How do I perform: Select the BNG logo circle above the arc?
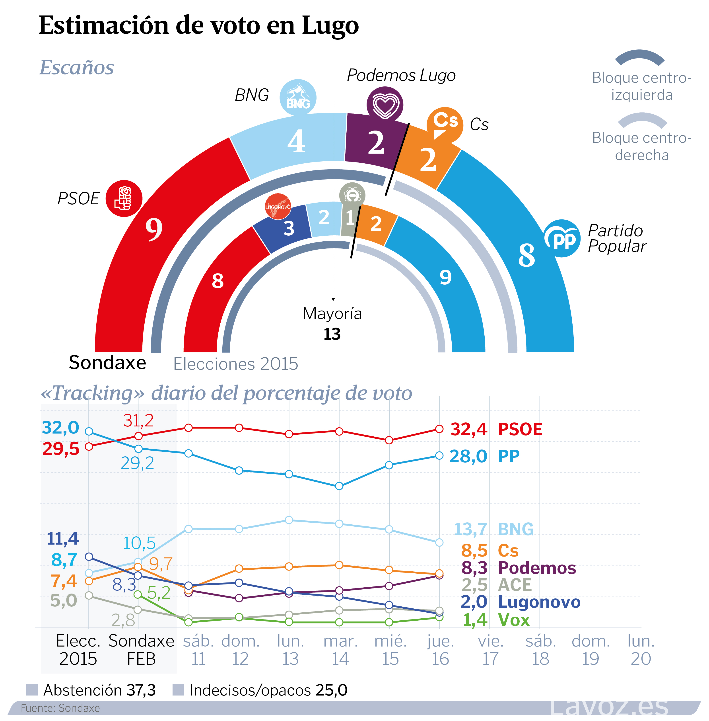tap(298, 98)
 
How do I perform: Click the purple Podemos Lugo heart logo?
tap(385, 105)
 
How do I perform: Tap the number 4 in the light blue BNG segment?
tap(296, 142)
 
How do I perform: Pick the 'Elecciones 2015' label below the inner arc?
tap(235, 364)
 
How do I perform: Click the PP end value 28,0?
tap(468, 456)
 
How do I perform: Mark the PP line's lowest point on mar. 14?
tap(339, 486)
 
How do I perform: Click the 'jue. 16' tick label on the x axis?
tap(440, 650)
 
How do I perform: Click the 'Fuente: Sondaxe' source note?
tap(60, 708)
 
